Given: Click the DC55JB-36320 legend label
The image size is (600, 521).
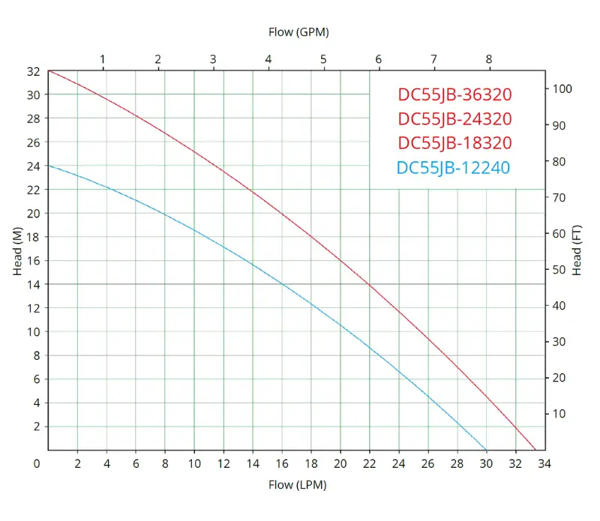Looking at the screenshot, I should tap(454, 94).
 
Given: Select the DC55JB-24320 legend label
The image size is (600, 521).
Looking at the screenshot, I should tap(454, 118).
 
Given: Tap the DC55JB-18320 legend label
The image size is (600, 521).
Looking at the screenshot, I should tap(454, 142).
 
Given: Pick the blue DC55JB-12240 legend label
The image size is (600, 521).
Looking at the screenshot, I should tap(453, 167).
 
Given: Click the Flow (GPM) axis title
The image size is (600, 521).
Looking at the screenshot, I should tap(298, 32).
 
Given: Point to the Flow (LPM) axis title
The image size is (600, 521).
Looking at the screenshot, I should tap(298, 485).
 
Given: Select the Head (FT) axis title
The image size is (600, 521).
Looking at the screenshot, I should tap(577, 250).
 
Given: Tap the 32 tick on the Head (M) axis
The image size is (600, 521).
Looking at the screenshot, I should tap(33, 71).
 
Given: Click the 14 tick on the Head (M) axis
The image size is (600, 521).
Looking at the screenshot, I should tap(33, 284).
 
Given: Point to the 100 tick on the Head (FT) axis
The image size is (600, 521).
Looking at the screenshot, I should tap(562, 89).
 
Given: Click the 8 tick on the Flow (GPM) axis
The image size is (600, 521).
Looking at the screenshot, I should tap(489, 59).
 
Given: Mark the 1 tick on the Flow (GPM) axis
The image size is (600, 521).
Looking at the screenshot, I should tap(103, 59).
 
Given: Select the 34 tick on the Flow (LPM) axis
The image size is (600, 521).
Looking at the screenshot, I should tap(544, 464).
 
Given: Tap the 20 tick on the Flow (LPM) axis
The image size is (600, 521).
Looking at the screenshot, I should tap(340, 464).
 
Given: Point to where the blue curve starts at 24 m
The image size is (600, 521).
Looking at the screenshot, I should tap(48, 165).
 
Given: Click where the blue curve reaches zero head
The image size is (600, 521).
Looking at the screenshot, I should tap(487, 450).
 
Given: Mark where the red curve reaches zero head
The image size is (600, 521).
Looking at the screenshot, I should tap(535, 450).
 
